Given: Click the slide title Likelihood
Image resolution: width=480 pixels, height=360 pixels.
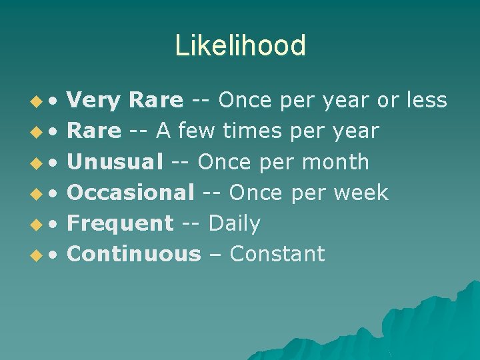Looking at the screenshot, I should pyautogui.click(x=240, y=46).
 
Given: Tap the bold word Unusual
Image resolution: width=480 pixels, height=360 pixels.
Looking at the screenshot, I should pyautogui.click(x=115, y=162).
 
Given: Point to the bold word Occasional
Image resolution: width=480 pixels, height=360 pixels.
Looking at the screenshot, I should pyautogui.click(x=131, y=193).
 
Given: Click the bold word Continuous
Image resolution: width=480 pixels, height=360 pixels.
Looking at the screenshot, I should pyautogui.click(x=134, y=254).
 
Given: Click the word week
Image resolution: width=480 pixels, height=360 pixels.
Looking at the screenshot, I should pyautogui.click(x=360, y=193).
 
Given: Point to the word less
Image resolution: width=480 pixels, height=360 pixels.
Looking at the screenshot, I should pyautogui.click(x=425, y=101).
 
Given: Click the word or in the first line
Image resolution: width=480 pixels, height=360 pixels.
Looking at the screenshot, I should pyautogui.click(x=387, y=101).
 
